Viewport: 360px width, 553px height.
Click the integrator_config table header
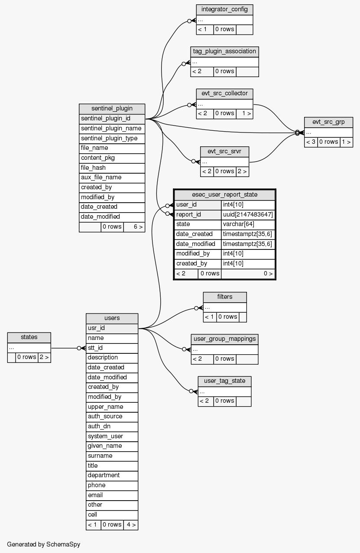[224, 10]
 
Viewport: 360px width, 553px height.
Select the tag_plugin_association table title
[224, 52]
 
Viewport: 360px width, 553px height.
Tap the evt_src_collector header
[224, 94]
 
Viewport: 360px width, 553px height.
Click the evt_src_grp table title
[328, 122]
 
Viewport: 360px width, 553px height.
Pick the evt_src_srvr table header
[224, 152]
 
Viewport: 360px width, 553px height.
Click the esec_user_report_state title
[224, 195]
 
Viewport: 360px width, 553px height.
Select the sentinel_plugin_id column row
[112, 119]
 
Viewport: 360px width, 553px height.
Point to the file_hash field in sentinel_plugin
[112, 168]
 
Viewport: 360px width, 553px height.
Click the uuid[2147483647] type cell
[248, 214]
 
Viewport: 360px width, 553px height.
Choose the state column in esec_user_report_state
[198, 224]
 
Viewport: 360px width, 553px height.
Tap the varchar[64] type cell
[248, 224]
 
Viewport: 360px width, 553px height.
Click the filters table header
[225, 297]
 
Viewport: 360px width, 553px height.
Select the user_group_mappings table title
[224, 339]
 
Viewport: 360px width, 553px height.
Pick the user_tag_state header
[224, 381]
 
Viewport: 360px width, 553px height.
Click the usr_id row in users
[112, 328]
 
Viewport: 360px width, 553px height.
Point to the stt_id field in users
[112, 348]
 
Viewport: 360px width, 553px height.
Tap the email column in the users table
[112, 495]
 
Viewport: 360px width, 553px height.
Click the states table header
[29, 337]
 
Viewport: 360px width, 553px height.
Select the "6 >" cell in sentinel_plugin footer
[134, 227]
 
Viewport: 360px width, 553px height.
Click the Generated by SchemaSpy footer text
[44, 544]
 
